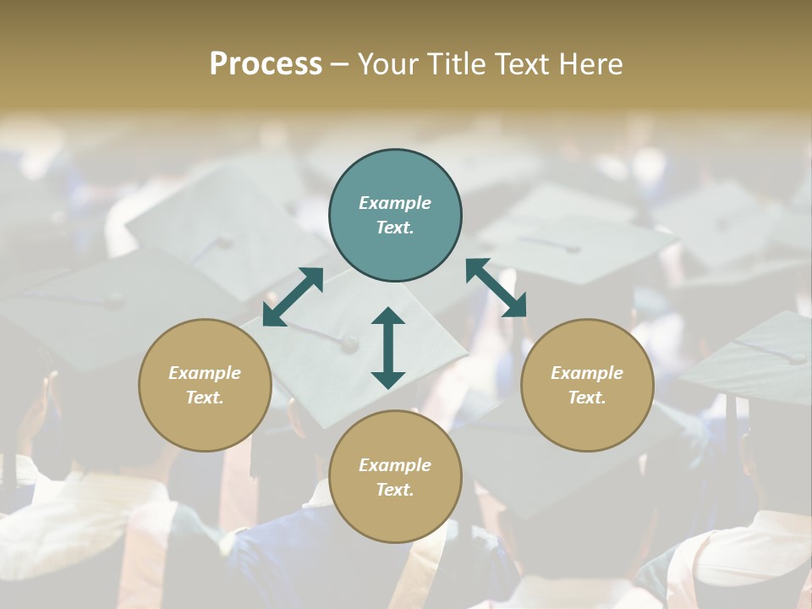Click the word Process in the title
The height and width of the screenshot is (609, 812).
click(x=266, y=63)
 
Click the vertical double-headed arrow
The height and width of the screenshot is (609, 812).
click(x=388, y=348)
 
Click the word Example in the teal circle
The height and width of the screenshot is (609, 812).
click(x=395, y=203)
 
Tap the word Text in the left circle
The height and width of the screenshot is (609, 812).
click(x=205, y=398)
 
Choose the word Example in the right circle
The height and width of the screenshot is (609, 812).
click(x=586, y=373)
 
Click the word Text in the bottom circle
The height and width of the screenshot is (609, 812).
click(x=395, y=490)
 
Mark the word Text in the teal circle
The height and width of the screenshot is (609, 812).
click(x=395, y=228)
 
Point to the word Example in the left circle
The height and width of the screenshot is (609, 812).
click(x=205, y=373)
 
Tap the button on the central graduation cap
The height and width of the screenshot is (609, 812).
click(x=348, y=343)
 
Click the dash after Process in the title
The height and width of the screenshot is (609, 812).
click(x=340, y=64)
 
